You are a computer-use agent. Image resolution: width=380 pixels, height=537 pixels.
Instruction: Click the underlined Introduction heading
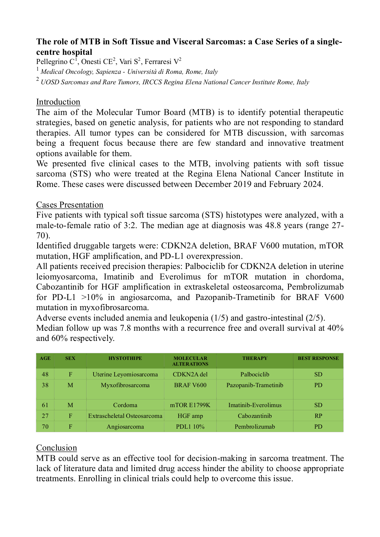58,102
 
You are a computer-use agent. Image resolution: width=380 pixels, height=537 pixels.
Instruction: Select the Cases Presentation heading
70,205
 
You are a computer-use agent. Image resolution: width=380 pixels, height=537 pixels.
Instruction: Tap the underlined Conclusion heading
56,448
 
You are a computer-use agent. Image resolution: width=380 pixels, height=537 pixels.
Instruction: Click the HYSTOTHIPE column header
125,358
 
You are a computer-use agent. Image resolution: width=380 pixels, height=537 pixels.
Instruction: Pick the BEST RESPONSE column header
318,358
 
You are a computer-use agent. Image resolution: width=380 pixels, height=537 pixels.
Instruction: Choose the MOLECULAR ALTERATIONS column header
190,361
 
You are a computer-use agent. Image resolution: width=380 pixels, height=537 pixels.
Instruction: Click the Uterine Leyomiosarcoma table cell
125,374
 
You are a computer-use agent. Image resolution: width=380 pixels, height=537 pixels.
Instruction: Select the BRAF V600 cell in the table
190,385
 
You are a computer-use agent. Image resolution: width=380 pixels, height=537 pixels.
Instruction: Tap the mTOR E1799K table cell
190,405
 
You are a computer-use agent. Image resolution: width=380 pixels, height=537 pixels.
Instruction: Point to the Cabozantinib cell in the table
255,416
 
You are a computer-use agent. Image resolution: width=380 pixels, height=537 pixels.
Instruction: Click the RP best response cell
318,416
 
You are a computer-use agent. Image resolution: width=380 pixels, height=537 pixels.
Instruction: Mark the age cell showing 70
45,426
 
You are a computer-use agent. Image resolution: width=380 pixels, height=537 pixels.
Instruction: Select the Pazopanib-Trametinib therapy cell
255,385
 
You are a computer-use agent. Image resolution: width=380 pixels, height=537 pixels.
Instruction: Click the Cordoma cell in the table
125,405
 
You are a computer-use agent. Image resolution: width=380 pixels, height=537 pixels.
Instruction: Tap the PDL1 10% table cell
190,426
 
